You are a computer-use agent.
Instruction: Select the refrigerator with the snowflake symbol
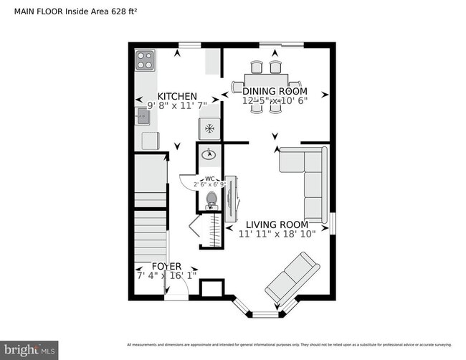(209, 128)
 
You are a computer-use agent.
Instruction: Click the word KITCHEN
(177, 96)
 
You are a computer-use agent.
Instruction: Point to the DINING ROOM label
(275, 91)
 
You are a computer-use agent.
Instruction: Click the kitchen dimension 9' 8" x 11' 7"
(177, 106)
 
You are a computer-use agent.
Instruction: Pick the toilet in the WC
(211, 200)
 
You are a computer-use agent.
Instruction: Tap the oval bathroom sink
(209, 153)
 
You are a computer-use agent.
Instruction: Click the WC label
(210, 179)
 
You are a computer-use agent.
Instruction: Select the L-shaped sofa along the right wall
(303, 179)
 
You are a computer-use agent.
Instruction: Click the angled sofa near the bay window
(290, 278)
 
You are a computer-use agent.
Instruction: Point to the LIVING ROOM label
(277, 224)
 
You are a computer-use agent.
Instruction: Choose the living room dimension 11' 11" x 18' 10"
(277, 233)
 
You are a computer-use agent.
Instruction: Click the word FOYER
(166, 266)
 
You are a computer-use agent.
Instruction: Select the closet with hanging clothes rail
(212, 231)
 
